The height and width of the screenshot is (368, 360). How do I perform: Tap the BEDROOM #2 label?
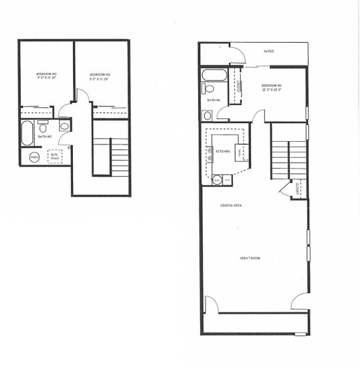[x=99, y=74]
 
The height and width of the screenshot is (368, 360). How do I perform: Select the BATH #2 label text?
[x=44, y=136]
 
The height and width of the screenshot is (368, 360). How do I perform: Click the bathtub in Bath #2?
[x=27, y=133]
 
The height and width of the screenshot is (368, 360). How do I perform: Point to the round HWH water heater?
[x=34, y=157]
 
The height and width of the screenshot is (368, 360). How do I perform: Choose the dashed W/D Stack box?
[x=54, y=157]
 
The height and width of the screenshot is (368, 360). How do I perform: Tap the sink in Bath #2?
[x=65, y=125]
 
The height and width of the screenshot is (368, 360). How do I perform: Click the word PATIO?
[x=269, y=51]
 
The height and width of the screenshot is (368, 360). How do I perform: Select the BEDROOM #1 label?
[x=272, y=85]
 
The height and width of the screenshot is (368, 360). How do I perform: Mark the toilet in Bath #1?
[x=209, y=88]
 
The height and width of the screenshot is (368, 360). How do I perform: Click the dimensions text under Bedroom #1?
[x=272, y=90]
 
